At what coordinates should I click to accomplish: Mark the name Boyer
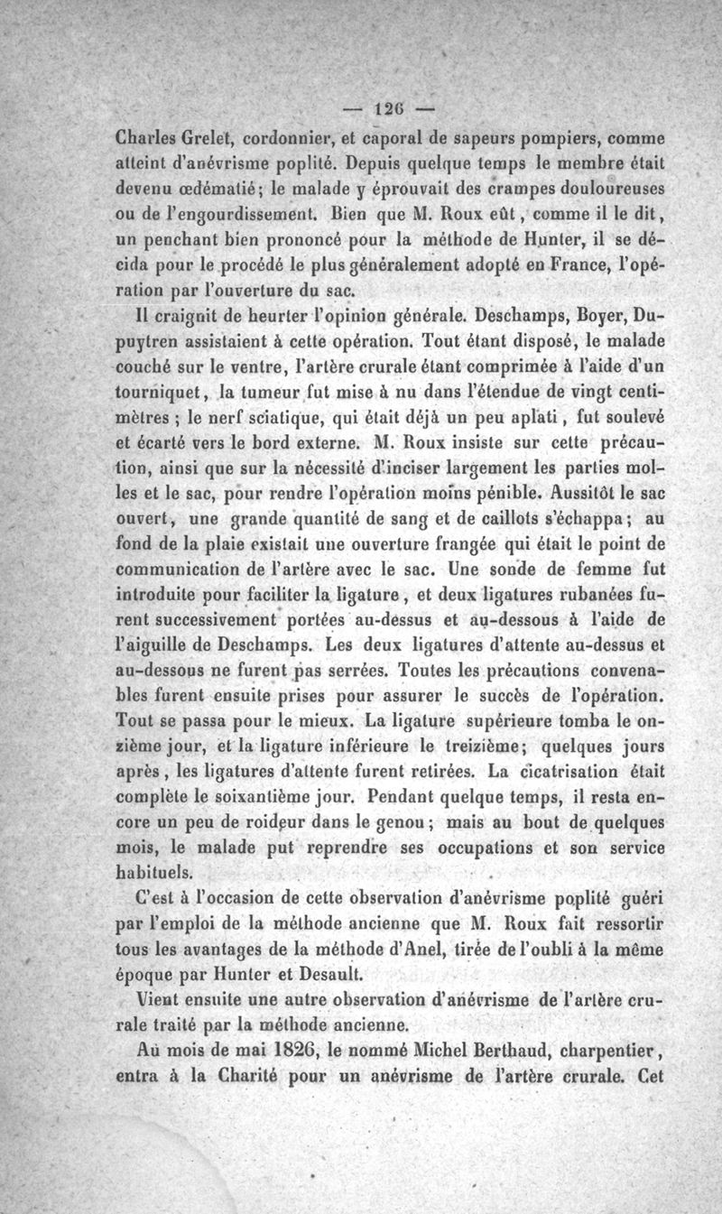579,319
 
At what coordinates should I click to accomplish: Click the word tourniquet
163,394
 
